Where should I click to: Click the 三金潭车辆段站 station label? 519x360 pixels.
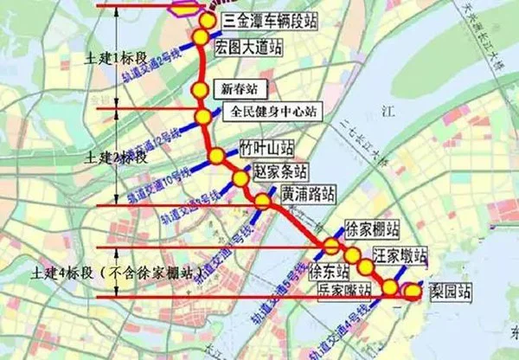point(270,21)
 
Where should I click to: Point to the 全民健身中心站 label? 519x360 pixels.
point(271,112)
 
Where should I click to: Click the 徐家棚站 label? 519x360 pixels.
point(372,230)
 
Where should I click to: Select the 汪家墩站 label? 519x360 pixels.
point(400,256)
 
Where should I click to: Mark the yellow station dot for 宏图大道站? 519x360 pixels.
point(200,37)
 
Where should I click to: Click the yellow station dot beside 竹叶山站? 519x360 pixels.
point(216,156)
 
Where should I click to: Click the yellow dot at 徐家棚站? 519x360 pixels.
point(331,248)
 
